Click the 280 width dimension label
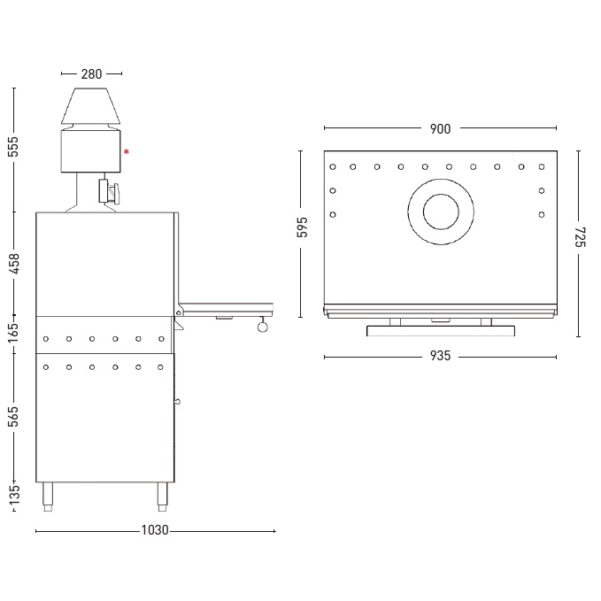tap(91, 74)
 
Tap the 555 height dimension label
tap(13, 146)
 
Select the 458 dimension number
tap(13, 263)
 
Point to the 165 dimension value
tap(13, 333)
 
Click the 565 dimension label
tap(13, 417)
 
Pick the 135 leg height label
tap(13, 495)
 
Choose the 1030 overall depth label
tap(155, 530)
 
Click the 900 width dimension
tap(440, 129)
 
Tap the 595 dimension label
tap(303, 227)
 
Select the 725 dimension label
tap(581, 237)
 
